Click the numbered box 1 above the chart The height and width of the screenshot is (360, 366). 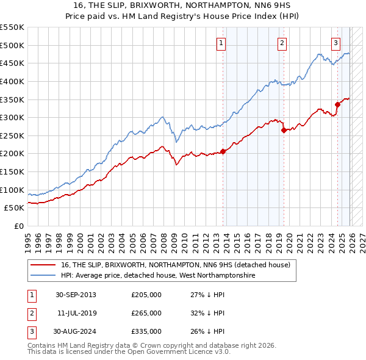[220, 43]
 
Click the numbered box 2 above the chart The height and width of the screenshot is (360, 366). [282, 43]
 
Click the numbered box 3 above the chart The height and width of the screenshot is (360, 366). [336, 43]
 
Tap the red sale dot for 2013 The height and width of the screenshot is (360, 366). [223, 151]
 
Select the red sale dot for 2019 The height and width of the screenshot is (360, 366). [284, 129]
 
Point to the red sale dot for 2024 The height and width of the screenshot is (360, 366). [337, 104]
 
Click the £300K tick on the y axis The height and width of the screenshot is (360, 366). [12, 117]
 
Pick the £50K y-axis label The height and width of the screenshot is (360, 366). [15, 208]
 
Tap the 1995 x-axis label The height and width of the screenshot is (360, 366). [28, 240]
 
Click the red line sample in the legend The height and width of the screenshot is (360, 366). [43, 265]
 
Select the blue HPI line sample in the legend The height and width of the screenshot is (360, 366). [43, 276]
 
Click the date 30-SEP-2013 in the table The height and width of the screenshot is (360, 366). [76, 295]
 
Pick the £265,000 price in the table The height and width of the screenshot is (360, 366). [146, 313]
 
